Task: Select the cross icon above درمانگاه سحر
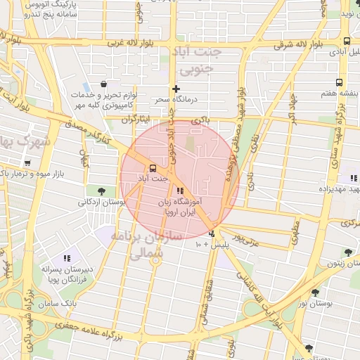coord(176,89)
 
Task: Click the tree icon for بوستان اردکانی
coord(102,191)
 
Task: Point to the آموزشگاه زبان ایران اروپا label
coord(181,205)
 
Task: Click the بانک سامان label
coord(79,302)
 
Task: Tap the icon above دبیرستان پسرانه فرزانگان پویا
coord(67,258)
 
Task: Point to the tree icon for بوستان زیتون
coord(347,252)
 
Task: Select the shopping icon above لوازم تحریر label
coord(104,84)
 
